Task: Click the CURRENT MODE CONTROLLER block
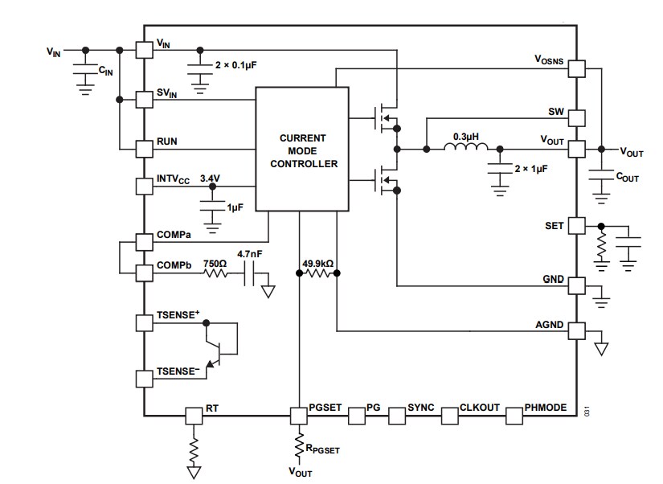[x=302, y=150]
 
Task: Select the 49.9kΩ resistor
[x=317, y=273]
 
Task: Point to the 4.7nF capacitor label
[x=250, y=254]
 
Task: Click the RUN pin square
[x=144, y=150]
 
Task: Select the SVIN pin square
[x=144, y=100]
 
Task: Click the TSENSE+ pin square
[x=144, y=323]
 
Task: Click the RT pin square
[x=194, y=416]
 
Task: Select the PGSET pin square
[x=299, y=416]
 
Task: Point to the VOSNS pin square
[x=577, y=69]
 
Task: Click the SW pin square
[x=577, y=118]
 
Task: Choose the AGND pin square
[x=577, y=330]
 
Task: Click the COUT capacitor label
[x=628, y=177]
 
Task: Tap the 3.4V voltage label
[x=210, y=178]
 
